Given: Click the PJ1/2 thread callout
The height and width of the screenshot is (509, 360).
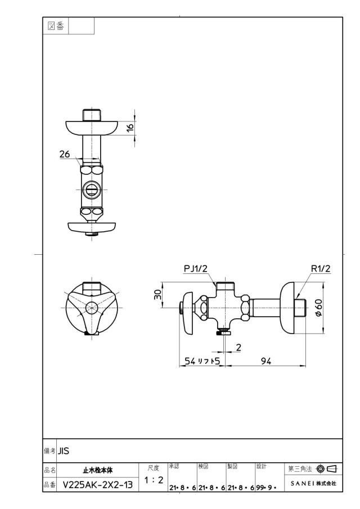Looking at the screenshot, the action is (x=195, y=269).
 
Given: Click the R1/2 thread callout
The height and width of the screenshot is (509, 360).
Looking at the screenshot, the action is (x=321, y=269).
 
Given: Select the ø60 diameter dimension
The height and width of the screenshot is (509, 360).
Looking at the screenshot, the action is (x=318, y=308).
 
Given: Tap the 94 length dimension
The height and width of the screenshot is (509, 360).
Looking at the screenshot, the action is (x=266, y=361).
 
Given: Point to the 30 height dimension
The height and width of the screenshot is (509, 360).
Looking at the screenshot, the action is (x=157, y=295).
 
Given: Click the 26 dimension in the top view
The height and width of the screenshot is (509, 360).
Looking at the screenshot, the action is (x=65, y=154).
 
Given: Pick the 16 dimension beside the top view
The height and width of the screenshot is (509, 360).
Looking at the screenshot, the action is (x=130, y=127).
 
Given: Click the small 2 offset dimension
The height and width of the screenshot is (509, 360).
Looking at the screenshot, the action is (x=239, y=348).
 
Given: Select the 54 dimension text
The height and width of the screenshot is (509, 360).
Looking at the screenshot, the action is (x=190, y=361).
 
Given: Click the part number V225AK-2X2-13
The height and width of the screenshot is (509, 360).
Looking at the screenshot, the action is (x=98, y=485).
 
